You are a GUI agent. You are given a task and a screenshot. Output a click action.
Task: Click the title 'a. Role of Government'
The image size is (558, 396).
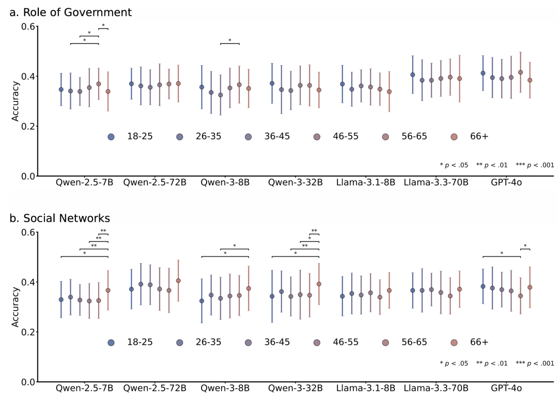(70, 12)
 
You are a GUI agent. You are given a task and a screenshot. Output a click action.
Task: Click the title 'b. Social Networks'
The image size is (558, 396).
(59, 219)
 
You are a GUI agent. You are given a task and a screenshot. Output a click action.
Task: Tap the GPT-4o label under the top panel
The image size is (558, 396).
(506, 182)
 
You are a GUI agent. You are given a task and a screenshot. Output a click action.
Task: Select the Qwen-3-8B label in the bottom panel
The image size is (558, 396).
(225, 388)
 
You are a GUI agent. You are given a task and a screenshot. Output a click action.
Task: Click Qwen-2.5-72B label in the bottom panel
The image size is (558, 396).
(154, 388)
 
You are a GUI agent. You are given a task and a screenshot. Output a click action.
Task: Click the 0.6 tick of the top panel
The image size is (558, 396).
(29, 27)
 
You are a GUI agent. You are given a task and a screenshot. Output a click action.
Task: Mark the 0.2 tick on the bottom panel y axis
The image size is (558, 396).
(29, 332)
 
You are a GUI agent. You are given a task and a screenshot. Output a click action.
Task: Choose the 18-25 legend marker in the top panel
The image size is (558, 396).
(111, 137)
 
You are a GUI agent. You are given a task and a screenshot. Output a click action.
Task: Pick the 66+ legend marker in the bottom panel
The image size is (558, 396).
(454, 343)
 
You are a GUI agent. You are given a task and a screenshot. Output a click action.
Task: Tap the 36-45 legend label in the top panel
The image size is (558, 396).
(277, 137)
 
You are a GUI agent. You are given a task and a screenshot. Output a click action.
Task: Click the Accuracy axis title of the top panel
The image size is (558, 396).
(16, 101)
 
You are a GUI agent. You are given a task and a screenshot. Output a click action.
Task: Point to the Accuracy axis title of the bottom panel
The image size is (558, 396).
(16, 307)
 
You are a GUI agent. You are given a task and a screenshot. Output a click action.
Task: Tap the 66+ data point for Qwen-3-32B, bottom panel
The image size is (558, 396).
(319, 284)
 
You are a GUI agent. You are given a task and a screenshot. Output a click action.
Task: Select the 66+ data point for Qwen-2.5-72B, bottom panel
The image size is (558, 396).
(178, 281)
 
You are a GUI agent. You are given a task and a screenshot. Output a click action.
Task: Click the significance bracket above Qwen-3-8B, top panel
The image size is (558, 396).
(229, 43)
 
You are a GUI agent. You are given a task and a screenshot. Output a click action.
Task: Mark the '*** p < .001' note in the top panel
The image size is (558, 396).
(535, 165)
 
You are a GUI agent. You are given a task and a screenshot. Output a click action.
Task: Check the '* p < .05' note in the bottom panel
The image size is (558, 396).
(454, 363)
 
